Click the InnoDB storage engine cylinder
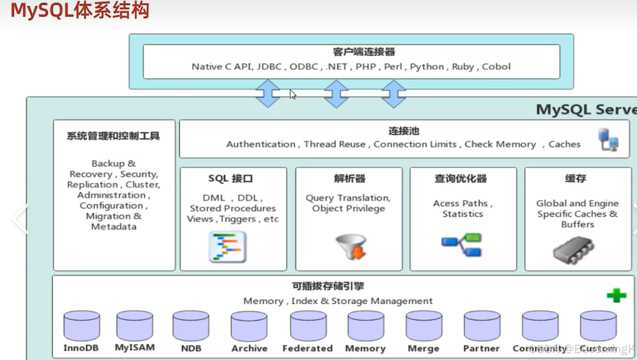click(82, 326)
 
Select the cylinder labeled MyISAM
click(135, 326)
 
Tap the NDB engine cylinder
click(191, 326)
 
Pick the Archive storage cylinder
click(249, 326)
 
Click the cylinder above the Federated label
click(308, 326)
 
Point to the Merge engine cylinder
click(424, 326)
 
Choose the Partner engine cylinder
click(482, 326)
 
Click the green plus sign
click(616, 295)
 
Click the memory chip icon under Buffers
click(573, 250)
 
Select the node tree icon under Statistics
click(462, 245)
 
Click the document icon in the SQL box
click(227, 247)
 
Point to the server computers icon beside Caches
click(608, 140)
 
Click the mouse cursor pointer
click(293, 94)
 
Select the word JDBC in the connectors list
click(269, 66)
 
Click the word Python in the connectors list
click(427, 66)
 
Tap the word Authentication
click(261, 144)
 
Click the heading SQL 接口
click(230, 178)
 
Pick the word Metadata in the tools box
click(114, 227)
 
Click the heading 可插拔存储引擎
click(328, 286)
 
